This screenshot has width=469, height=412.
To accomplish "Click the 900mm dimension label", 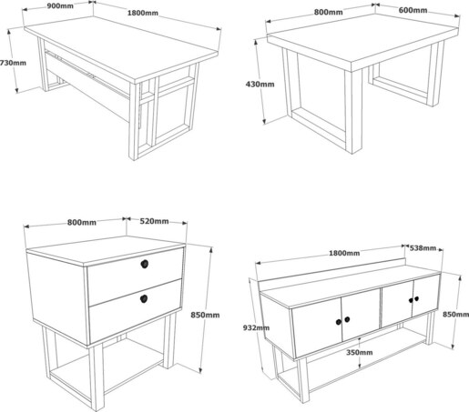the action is pyautogui.click(x=60, y=5).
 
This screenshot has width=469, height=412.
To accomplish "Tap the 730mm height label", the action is pyautogui.click(x=13, y=63).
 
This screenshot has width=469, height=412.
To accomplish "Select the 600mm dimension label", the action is pyautogui.click(x=413, y=10).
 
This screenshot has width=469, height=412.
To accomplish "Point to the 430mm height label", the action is pyautogui.click(x=260, y=84).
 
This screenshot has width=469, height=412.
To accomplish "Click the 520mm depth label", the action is pyautogui.click(x=154, y=221).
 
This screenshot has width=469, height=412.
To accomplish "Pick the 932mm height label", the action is pyautogui.click(x=256, y=327).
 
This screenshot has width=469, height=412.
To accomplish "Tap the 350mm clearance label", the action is pyautogui.click(x=360, y=352).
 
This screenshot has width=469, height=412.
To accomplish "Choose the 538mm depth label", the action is pyautogui.click(x=423, y=248).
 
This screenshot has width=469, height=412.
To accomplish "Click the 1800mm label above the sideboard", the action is pyautogui.click(x=344, y=253).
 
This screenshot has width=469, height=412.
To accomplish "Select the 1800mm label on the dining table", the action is pyautogui.click(x=143, y=13).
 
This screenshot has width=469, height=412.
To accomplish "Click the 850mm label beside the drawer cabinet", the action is pyautogui.click(x=205, y=315).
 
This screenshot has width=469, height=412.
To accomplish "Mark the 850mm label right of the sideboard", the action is pyautogui.click(x=455, y=315).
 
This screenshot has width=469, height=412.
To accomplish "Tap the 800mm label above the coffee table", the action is pyautogui.click(x=328, y=12).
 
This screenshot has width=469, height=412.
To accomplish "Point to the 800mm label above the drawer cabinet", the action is pyautogui.click(x=82, y=223).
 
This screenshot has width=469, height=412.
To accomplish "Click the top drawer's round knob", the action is pyautogui.click(x=145, y=264).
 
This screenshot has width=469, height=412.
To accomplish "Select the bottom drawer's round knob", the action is pyautogui.click(x=144, y=299).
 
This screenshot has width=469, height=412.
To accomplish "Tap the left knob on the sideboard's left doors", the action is pyautogui.click(x=339, y=322).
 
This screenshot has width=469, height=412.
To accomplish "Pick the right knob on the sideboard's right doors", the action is pyautogui.click(x=416, y=298).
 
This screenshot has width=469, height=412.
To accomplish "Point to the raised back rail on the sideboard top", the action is pyautogui.click(x=331, y=271).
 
